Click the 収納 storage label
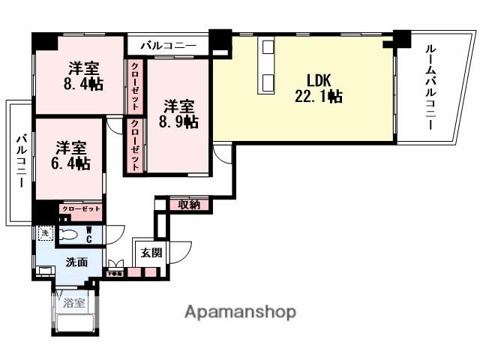coord(188,204)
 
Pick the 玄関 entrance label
coord(151,252)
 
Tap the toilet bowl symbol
coord(67,234)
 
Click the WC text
coord(88,234)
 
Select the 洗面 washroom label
coord(76,262)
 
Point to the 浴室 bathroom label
coord(73,304)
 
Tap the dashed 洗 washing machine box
coord(43,233)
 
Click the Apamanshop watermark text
coord(240,312)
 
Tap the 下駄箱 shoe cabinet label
coord(115,273)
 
